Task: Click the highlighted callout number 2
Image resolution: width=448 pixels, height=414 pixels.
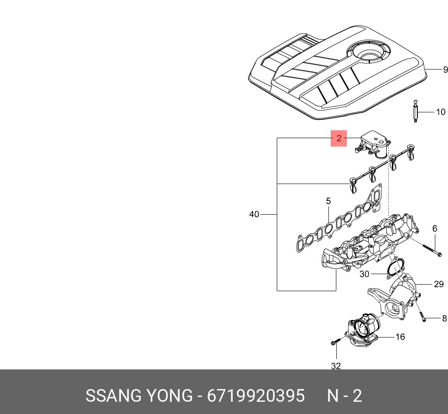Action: tap(339, 139)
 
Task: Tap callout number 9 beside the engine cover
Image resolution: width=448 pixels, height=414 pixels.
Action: tap(445, 70)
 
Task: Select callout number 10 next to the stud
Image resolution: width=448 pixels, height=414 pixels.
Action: tap(440, 112)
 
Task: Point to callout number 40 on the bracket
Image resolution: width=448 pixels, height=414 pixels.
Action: tap(254, 214)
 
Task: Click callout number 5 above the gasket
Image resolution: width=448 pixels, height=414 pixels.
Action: tap(328, 202)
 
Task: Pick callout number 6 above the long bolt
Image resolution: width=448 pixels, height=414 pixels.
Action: tap(434, 229)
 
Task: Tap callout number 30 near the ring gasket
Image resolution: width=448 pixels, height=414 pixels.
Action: tap(364, 275)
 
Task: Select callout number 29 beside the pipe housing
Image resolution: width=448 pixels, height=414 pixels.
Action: tap(438, 284)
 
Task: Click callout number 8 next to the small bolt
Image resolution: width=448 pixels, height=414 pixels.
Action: tap(444, 318)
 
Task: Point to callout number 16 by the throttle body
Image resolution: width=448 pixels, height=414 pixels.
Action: tap(400, 337)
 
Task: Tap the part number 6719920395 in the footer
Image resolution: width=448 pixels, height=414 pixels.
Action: tap(256, 396)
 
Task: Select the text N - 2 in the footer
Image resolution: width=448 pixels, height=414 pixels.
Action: tap(345, 396)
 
